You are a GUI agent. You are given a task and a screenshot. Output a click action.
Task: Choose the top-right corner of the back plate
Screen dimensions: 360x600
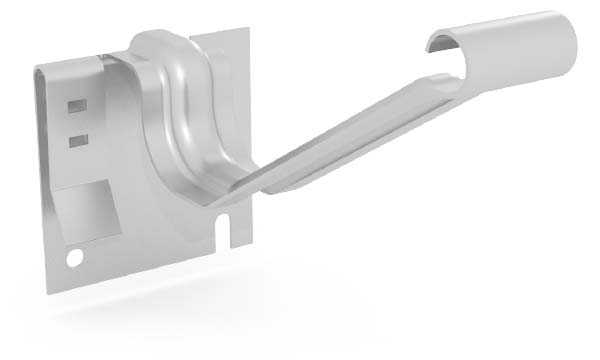coord(246,32)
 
